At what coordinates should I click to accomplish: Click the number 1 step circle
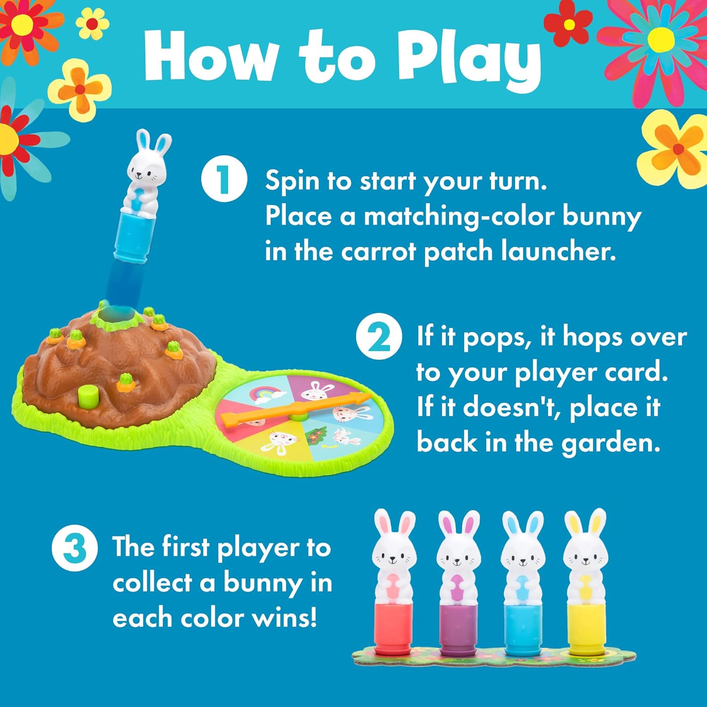click(224, 179)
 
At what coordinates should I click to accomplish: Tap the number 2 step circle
click(378, 337)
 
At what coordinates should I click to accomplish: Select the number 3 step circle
click(74, 549)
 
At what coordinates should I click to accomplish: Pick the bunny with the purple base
click(458, 580)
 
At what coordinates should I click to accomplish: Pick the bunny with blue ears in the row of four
click(522, 580)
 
